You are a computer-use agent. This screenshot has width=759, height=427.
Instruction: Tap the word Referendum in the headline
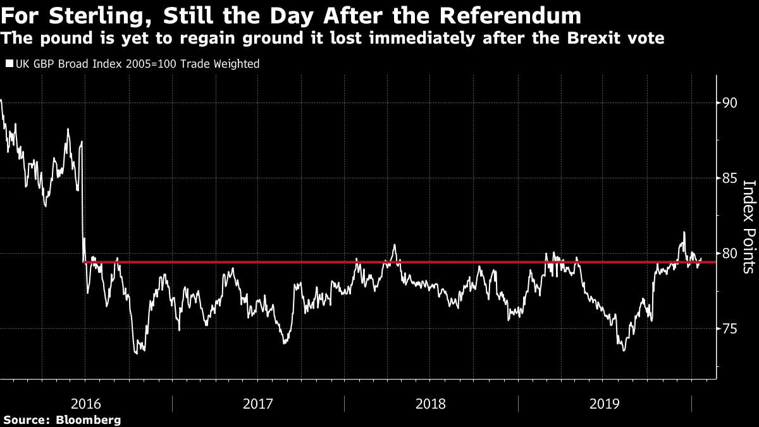510,16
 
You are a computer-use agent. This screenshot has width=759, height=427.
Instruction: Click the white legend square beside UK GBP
9,63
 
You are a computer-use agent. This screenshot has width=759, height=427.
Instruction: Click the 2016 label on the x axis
86,404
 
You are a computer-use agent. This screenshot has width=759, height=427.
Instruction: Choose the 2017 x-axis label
258,404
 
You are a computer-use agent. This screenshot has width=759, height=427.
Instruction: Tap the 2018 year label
430,404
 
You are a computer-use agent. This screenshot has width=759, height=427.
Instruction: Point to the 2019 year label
605,404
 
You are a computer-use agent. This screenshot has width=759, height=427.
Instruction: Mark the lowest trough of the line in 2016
136,354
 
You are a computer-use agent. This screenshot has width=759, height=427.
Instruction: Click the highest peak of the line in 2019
684,232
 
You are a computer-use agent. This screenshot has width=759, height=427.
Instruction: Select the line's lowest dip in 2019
624,350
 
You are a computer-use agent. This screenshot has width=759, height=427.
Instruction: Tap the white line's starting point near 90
1,100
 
